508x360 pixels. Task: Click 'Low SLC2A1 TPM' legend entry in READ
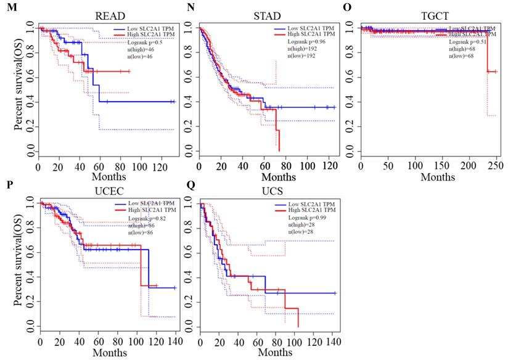point(147,28)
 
